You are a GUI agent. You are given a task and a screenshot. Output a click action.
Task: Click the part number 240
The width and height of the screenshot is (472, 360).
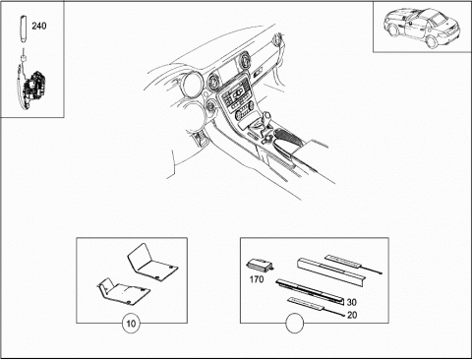(39, 26)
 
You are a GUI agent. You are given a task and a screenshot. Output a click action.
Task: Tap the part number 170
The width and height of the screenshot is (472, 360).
(257, 279)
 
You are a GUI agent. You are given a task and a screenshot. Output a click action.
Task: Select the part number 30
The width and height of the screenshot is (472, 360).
(351, 302)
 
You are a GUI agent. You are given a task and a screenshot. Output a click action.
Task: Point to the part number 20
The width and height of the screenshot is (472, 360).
(352, 315)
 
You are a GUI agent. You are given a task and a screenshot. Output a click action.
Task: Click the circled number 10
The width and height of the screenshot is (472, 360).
(131, 324)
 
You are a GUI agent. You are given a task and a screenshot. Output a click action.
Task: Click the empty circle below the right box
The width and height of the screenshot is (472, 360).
(295, 324)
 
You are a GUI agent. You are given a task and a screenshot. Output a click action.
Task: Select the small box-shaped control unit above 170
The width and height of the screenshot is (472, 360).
(261, 265)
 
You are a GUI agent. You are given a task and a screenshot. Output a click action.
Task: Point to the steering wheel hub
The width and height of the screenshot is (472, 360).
(192, 85)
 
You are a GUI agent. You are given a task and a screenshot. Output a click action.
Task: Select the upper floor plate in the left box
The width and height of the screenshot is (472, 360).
(152, 263)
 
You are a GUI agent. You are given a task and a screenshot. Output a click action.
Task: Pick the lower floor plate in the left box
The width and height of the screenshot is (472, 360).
(124, 291)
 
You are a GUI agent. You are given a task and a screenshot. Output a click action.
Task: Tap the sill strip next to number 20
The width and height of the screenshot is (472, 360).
(306, 304)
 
